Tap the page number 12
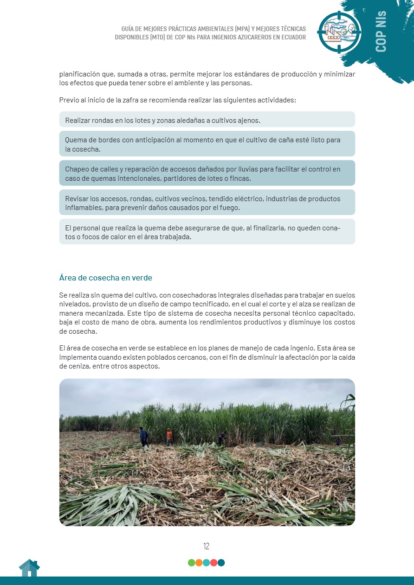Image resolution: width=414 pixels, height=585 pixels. click(207, 546)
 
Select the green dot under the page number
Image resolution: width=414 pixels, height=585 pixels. click(191, 563)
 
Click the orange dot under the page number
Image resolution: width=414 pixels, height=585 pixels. click(199, 563)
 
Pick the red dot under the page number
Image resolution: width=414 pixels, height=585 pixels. click(213, 563)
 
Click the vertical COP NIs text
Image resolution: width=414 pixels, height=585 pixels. click(381, 32)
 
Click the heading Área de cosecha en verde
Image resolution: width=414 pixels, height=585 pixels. click(106, 278)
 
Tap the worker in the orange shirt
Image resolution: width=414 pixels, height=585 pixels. click(169, 436)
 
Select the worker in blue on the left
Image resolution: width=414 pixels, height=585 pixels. click(144, 437)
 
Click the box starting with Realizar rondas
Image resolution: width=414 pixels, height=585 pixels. click(207, 120)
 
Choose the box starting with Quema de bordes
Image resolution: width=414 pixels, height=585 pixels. click(207, 144)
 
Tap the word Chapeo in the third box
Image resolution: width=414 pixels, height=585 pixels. click(77, 169)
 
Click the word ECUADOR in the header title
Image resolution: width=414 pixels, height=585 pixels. click(291, 37)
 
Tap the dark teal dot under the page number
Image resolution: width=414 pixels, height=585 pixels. click(221, 563)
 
